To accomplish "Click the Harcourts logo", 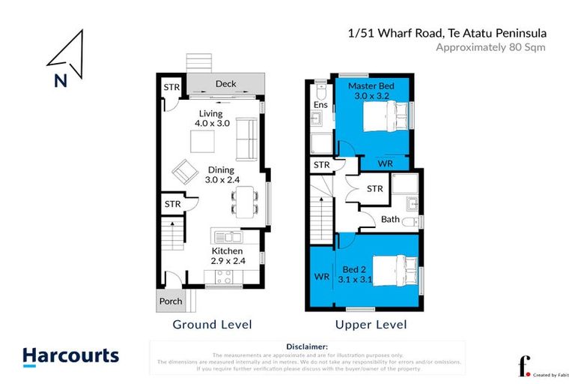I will pyautogui.click(x=70, y=356).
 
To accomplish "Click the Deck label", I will pyautogui.click(x=225, y=83).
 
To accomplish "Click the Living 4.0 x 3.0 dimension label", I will pyautogui.click(x=212, y=118).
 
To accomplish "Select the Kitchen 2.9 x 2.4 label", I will pyautogui.click(x=226, y=256).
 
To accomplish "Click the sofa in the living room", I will pyautogui.click(x=247, y=139).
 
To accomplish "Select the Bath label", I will pyautogui.click(x=390, y=220).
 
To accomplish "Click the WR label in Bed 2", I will pyautogui.click(x=322, y=277).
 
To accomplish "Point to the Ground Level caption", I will pyautogui.click(x=212, y=325).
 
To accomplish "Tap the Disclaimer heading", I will pyautogui.click(x=307, y=346).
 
